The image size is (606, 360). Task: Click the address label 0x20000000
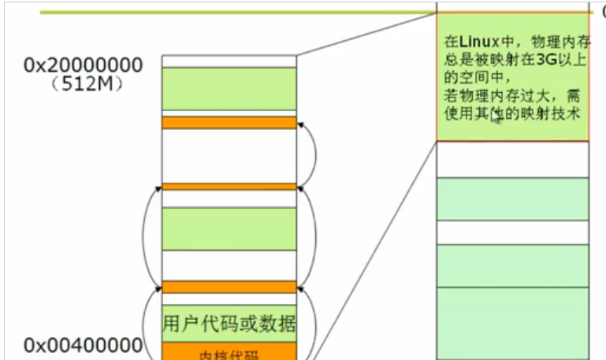pyautogui.click(x=83, y=65)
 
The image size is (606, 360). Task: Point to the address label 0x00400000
pyautogui.click(x=83, y=344)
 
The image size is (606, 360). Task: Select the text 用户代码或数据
pyautogui.click(x=229, y=324)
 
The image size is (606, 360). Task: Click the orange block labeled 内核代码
pyautogui.click(x=229, y=351)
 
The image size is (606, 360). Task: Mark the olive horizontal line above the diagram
pyautogui.click(x=236, y=12)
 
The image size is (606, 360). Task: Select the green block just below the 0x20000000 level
pyautogui.click(x=229, y=88)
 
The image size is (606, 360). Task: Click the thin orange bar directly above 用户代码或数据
pyautogui.click(x=229, y=287)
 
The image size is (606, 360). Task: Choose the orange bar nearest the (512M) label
pyautogui.click(x=229, y=122)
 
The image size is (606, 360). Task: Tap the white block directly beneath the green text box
pyautogui.click(x=512, y=160)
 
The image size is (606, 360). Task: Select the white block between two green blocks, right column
pyautogui.click(x=512, y=232)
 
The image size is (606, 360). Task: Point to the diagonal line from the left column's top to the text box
pyautogui.click(x=366, y=34)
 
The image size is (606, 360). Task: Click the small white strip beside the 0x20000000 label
pyautogui.click(x=229, y=61)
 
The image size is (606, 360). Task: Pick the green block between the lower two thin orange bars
pyautogui.click(x=229, y=228)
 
